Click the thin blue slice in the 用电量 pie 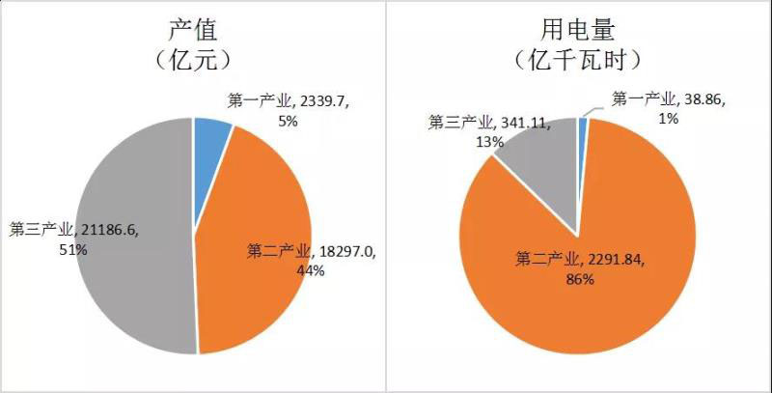tap(582, 130)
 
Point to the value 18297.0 tap(346, 252)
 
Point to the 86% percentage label tap(578, 280)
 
